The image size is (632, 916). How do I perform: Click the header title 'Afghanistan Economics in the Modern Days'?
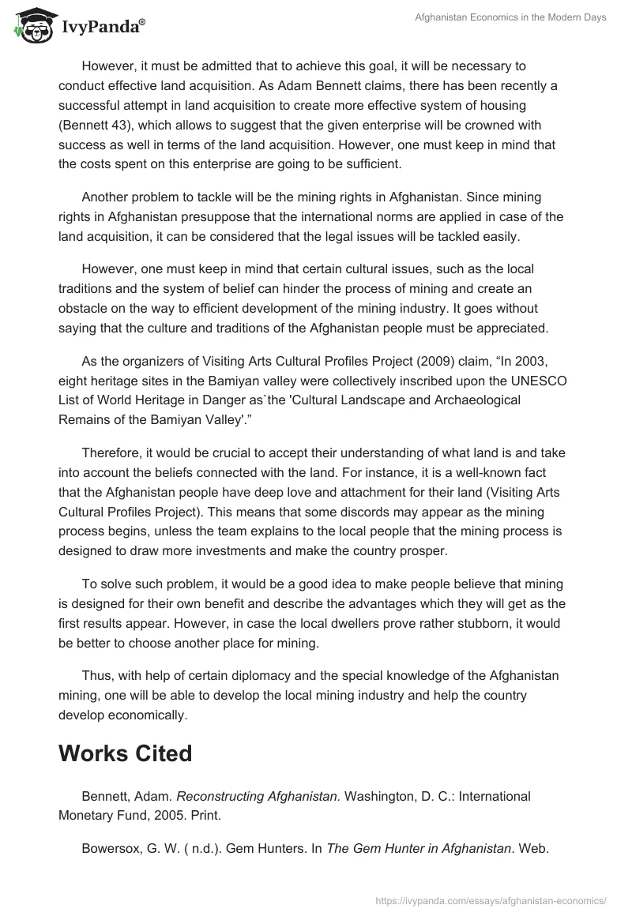coord(510,17)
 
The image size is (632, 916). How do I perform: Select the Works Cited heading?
coord(125,753)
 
